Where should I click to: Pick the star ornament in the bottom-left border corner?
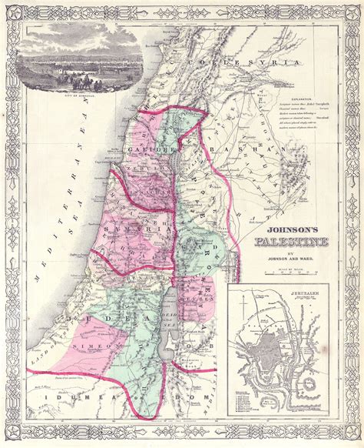click(x=15, y=434)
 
